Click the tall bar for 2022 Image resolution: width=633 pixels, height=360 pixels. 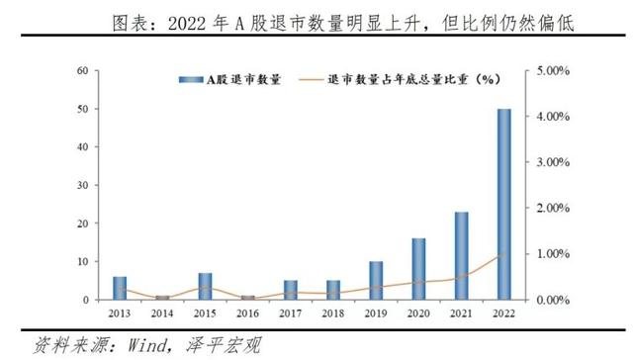[503, 204]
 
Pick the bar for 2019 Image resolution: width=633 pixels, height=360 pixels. [375, 280]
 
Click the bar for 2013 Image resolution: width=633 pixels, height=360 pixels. [120, 288]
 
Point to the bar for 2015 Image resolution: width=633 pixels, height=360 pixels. [205, 286]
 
